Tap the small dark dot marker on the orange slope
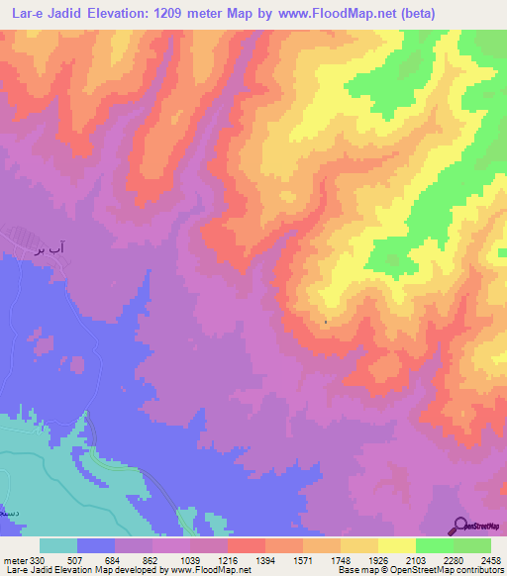pyautogui.click(x=326, y=322)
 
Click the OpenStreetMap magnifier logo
pyautogui.click(x=461, y=525)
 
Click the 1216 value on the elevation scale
pyautogui.click(x=208, y=559)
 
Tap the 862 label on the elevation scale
pyautogui.click(x=133, y=559)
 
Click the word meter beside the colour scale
pyautogui.click(x=17, y=559)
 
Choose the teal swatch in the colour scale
pyautogui.click(x=58, y=545)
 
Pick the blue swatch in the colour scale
pyautogui.click(x=96, y=545)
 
